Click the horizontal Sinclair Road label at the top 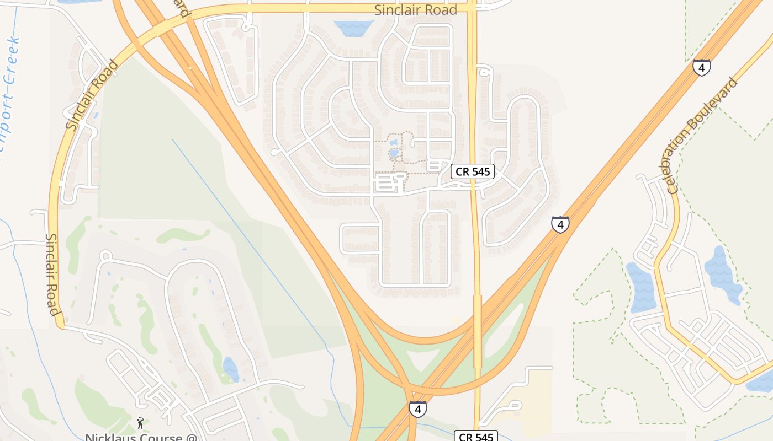pyautogui.click(x=416, y=10)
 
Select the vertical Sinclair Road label pyautogui.click(x=52, y=274)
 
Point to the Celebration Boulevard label pyautogui.click(x=702, y=136)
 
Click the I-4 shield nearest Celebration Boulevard pyautogui.click(x=701, y=67)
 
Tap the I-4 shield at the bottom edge pyautogui.click(x=417, y=408)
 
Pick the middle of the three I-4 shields pyautogui.click(x=560, y=224)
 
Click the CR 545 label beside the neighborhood pyautogui.click(x=473, y=171)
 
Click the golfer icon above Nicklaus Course pyautogui.click(x=140, y=423)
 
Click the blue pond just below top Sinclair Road pyautogui.click(x=354, y=28)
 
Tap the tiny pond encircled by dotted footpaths pyautogui.click(x=394, y=153)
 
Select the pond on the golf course pyautogui.click(x=231, y=369)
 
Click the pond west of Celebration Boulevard pyautogui.click(x=642, y=287)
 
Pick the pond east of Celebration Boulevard pyautogui.click(x=723, y=276)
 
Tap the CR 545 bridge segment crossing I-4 pyautogui.click(x=478, y=331)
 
